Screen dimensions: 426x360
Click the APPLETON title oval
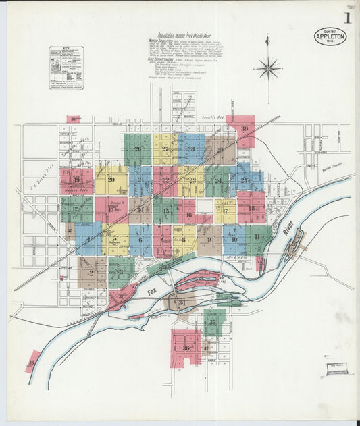[x=330, y=36]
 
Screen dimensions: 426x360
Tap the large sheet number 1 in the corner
[x=346, y=18]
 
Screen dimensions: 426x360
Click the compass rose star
[x=268, y=68]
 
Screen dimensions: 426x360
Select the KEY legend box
[x=66, y=68]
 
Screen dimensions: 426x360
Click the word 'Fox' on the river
[x=151, y=292]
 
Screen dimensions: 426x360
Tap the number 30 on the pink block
[x=245, y=128]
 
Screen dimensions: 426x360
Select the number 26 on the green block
[x=138, y=149]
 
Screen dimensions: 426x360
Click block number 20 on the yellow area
[x=110, y=179]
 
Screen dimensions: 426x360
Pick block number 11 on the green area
[x=257, y=237]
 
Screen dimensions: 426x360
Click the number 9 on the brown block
[x=209, y=239]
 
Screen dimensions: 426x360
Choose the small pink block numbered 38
[x=31, y=363]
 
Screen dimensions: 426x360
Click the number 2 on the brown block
[x=91, y=273]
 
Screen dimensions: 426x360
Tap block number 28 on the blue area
[x=191, y=149]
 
